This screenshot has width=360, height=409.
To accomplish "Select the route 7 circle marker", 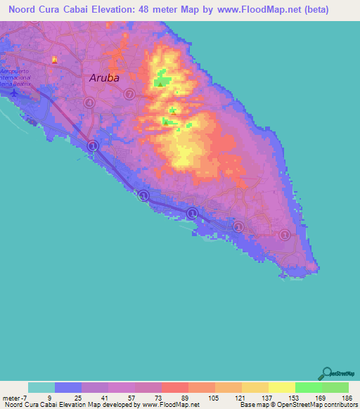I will coord(129,94).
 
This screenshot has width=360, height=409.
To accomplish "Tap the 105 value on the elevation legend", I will coord(209,397).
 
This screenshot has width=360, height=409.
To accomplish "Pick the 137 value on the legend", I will coord(262,397).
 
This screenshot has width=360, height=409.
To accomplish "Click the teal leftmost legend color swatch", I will coord(41,387).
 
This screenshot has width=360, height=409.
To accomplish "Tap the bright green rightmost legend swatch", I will coord(335,387).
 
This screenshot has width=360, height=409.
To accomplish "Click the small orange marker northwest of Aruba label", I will coord(55,60).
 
